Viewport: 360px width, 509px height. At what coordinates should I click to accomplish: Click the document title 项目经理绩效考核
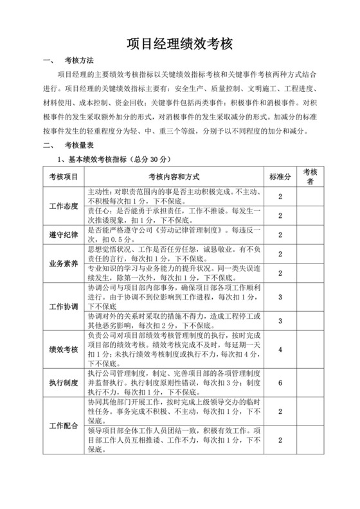pos(179,43)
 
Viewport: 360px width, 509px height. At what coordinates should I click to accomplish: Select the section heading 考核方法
pos(79,62)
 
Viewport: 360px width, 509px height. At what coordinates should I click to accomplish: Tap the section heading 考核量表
pos(79,145)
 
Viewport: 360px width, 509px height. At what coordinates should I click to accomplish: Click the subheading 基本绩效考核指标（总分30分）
pos(114,158)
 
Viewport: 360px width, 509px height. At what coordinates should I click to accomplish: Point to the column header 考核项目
pos(64,177)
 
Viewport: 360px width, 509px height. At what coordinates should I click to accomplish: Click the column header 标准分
pos(280,177)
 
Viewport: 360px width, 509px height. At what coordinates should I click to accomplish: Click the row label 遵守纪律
pos(64,234)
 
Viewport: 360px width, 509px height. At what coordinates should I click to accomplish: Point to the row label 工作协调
pos(64,306)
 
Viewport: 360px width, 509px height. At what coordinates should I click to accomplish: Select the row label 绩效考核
pos(64,350)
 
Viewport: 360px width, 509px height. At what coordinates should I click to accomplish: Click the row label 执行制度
pos(64,383)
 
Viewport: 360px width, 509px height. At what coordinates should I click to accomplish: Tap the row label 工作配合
pos(64,426)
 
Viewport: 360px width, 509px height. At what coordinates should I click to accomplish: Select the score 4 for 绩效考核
pos(280,349)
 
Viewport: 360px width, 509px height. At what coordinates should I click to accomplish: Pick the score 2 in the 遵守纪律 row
pos(280,234)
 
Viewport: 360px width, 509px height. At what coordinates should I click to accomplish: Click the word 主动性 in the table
pos(98,192)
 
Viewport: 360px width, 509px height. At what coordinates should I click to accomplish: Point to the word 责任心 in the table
pos(98,210)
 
